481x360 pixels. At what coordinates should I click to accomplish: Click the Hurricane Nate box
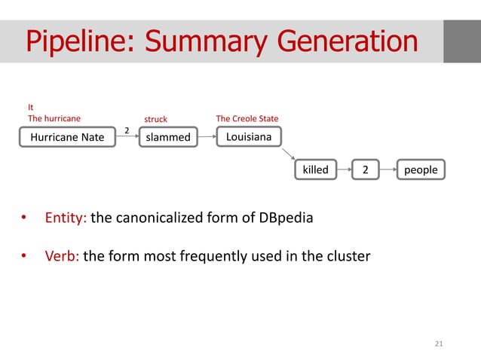pos(67,137)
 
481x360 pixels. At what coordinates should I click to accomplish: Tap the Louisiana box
pos(249,136)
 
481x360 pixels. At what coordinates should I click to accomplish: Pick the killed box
pos(315,169)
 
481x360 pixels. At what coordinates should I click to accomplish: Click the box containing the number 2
pos(366,169)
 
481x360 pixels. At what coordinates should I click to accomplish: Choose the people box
pos(421,169)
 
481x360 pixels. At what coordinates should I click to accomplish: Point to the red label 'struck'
pos(155,119)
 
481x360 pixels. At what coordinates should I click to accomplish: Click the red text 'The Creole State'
pos(247,119)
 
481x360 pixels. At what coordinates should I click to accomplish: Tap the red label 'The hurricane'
pos(54,118)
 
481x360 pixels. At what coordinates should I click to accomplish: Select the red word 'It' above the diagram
pos(31,108)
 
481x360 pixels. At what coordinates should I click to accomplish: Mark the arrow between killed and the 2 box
pos(344,169)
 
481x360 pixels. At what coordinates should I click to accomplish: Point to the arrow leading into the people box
pos(389,169)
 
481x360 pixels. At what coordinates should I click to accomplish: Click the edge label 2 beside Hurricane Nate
pos(127,131)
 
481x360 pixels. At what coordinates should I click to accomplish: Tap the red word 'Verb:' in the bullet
pos(62,256)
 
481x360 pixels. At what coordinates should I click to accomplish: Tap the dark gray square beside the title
pos(461,41)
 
